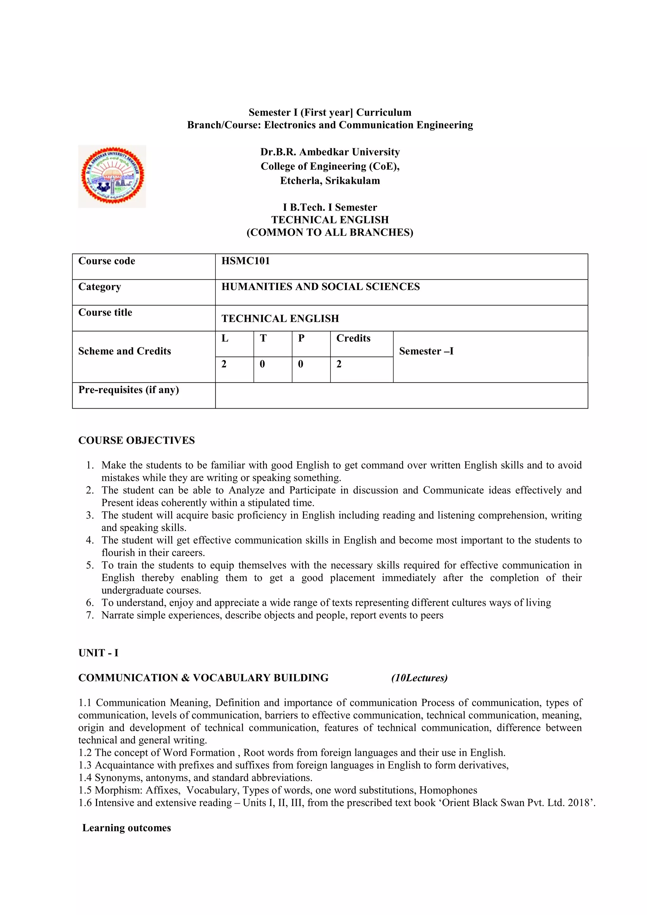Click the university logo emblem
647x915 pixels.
point(112,176)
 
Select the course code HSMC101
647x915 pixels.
point(245,261)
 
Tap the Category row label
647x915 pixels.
point(100,287)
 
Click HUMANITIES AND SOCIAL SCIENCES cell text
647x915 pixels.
point(320,287)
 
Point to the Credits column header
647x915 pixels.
point(353,338)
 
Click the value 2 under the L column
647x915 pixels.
point(224,364)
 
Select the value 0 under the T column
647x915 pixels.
point(262,364)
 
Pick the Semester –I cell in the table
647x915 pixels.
point(426,351)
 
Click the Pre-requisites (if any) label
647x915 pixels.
point(128,390)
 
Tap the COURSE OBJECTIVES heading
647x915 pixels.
point(136,440)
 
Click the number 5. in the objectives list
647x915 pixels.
point(90,565)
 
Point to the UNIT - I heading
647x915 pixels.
point(98,653)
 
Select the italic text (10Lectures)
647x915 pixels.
point(419,678)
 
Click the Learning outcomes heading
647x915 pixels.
point(126,828)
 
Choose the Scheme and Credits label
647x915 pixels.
point(124,351)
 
